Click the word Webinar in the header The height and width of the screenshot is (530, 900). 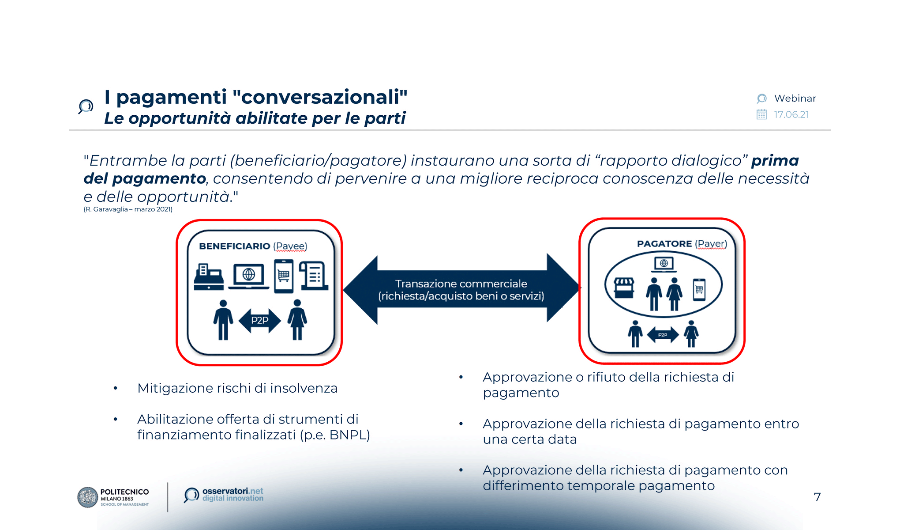click(x=795, y=98)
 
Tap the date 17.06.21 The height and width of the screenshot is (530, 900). click(x=791, y=115)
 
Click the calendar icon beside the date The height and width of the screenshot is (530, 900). click(x=761, y=115)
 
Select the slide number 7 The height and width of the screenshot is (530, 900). click(x=817, y=497)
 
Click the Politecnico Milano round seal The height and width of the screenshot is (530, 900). click(x=87, y=497)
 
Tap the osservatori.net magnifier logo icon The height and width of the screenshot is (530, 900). click(x=191, y=495)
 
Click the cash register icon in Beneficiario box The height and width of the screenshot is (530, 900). click(x=208, y=277)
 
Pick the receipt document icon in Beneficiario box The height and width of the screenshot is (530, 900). click(x=314, y=276)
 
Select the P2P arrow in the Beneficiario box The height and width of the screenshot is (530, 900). click(x=259, y=321)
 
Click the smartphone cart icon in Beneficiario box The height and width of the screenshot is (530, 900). click(x=284, y=276)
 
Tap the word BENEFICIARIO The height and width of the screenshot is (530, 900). click(x=234, y=246)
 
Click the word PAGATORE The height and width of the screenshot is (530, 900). click(x=664, y=244)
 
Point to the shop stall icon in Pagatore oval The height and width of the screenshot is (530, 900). click(x=624, y=288)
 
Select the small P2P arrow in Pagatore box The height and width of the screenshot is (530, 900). click(x=663, y=335)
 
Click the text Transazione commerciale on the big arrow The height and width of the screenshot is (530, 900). click(x=461, y=284)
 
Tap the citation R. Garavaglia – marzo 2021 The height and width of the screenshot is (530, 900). click(x=128, y=209)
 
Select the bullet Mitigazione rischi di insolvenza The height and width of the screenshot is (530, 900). click(x=237, y=388)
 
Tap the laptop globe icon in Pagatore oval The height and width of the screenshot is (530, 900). click(x=664, y=264)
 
